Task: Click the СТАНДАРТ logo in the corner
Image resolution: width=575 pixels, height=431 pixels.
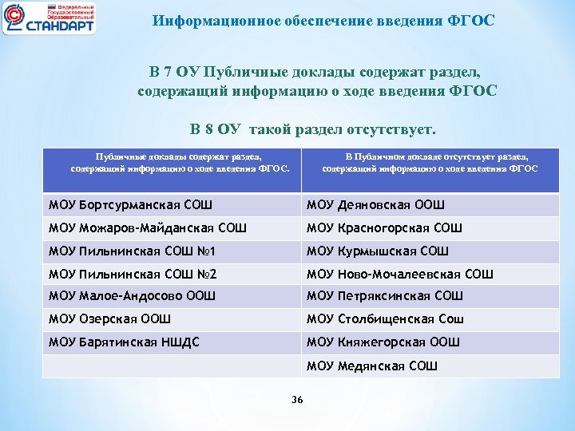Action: (x=50, y=18)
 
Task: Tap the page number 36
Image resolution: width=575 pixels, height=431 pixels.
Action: (x=297, y=399)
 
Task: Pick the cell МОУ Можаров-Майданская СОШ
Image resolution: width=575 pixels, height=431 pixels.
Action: (x=148, y=228)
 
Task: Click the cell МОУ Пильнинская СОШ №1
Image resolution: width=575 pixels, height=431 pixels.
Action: (x=133, y=251)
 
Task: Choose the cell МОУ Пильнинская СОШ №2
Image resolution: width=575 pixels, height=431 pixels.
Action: (x=133, y=274)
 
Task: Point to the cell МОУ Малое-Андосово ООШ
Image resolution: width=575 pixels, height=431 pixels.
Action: (x=132, y=296)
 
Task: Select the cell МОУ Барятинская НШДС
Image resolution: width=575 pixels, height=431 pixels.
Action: (x=124, y=342)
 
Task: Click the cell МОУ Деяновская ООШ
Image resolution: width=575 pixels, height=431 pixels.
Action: (x=376, y=205)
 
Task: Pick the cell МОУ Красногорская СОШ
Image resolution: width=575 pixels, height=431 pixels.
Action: (x=384, y=228)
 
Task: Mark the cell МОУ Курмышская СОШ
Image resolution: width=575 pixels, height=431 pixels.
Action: (x=378, y=251)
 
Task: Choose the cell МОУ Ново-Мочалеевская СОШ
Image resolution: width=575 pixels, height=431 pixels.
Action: (x=400, y=274)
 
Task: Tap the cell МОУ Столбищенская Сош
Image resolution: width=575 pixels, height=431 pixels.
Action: (x=385, y=319)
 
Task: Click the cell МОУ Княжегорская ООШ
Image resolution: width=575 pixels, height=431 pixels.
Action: (x=383, y=342)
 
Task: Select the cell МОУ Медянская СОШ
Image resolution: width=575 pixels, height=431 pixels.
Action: (x=372, y=366)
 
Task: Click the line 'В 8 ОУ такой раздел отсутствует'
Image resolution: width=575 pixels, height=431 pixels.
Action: (x=313, y=129)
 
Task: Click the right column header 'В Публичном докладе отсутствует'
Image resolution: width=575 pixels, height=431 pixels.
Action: (x=430, y=163)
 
